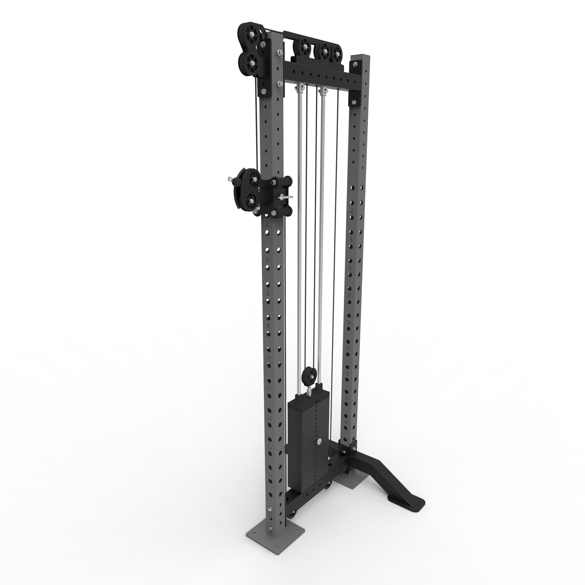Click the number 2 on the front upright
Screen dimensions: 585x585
267,224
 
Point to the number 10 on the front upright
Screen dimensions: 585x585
269,357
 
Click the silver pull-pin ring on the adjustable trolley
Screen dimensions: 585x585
286,197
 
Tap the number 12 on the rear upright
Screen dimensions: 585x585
348,348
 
